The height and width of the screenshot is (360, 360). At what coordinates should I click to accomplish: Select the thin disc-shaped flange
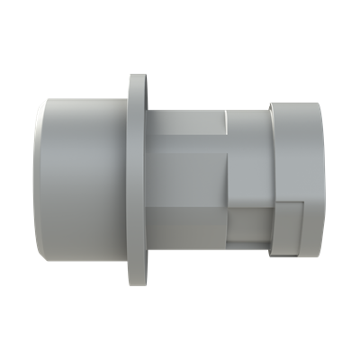[x=138, y=180]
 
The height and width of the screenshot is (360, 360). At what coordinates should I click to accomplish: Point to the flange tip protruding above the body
[x=138, y=85]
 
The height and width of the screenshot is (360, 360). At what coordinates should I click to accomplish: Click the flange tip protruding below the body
[x=138, y=274]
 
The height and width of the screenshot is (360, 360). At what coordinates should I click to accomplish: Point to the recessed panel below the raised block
[x=247, y=225]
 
